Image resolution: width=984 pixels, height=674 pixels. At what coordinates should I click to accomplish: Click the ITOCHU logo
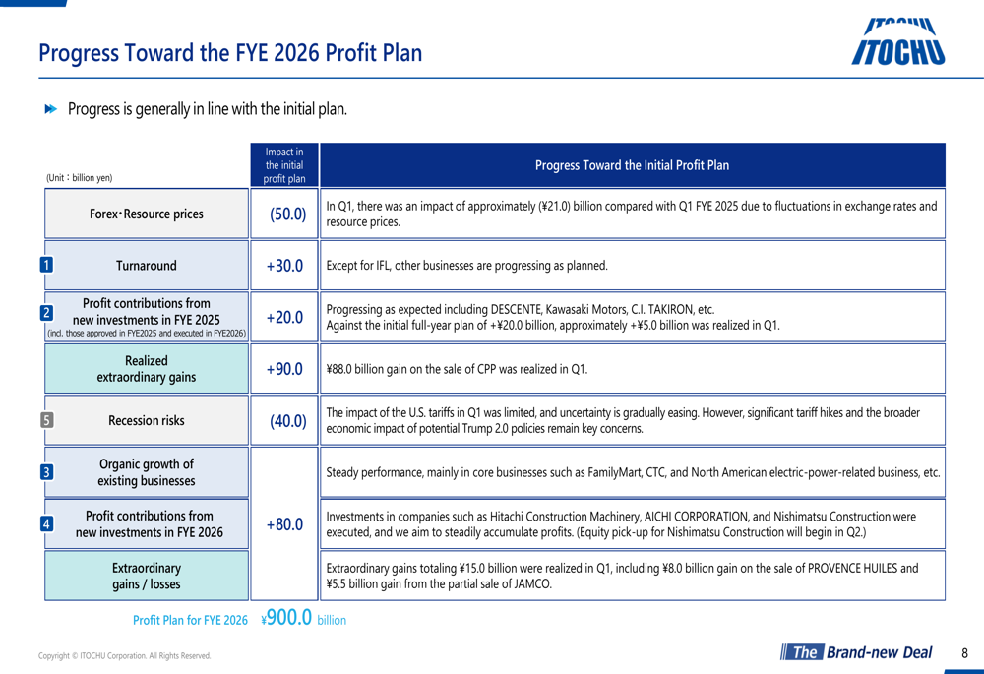(x=898, y=42)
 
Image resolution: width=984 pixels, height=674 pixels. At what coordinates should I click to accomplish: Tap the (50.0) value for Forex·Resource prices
(x=288, y=214)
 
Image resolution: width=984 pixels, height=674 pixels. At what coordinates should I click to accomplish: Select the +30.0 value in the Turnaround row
(x=285, y=266)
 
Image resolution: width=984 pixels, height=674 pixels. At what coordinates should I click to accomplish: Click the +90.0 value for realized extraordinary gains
(x=285, y=369)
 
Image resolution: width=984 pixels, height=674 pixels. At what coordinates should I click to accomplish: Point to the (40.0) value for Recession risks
(x=288, y=420)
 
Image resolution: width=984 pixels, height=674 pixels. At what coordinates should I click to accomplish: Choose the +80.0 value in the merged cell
(x=285, y=524)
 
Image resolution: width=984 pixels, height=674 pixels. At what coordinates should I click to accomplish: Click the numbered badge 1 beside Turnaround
(x=46, y=265)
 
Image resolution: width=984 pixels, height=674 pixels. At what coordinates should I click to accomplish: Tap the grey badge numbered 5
(x=46, y=420)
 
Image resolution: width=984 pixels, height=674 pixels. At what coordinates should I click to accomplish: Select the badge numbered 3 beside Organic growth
(x=46, y=472)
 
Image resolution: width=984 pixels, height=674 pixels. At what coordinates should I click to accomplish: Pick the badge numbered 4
(x=46, y=523)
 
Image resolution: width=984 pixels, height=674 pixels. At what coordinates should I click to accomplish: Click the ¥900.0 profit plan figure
(x=286, y=618)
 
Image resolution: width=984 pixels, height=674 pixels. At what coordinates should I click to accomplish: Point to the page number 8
(x=964, y=653)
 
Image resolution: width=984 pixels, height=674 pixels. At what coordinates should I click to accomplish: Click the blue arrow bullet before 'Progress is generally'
(x=51, y=109)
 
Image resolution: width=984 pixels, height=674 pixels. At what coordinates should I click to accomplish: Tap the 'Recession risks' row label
(x=147, y=420)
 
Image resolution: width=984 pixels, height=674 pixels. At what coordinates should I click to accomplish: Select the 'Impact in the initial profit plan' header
(x=284, y=165)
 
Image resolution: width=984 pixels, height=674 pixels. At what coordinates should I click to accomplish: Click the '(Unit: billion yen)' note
(x=79, y=177)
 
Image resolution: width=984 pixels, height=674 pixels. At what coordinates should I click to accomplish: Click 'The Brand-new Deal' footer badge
(x=857, y=652)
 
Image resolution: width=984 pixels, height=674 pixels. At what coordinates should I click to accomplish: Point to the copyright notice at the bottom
(x=124, y=656)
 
